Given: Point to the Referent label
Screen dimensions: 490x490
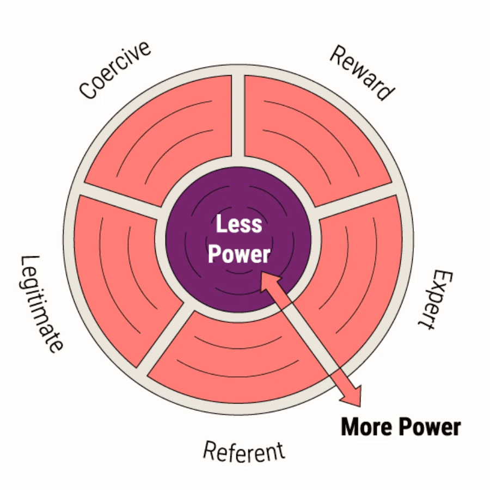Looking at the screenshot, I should [244, 451].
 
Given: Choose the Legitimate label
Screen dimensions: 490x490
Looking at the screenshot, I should [41, 304].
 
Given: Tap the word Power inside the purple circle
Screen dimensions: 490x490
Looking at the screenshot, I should [239, 254].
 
